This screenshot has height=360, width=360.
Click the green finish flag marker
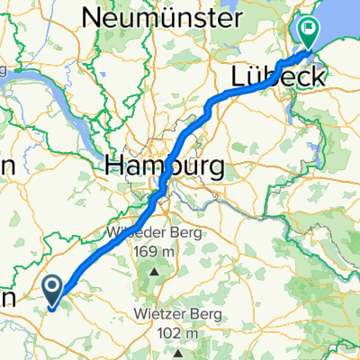309,33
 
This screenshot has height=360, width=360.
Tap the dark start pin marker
53,291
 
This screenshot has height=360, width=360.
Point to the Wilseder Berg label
152,236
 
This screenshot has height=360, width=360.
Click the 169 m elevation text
154,254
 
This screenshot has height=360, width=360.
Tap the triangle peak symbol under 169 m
154,270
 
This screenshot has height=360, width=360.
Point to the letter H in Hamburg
114,165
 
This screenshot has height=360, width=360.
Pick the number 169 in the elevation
144,254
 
